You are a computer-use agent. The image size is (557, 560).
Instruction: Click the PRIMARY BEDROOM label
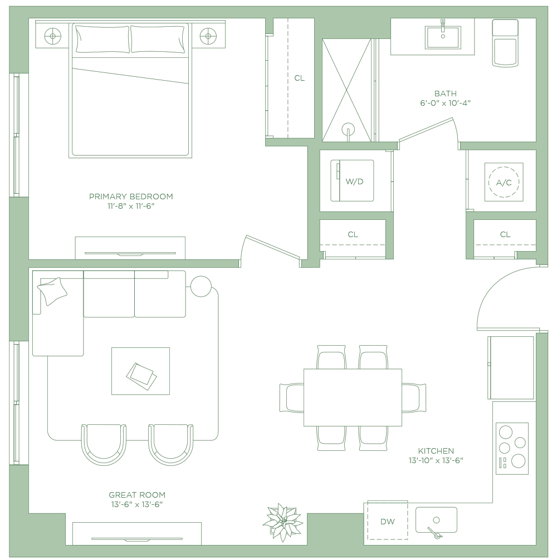click(131, 197)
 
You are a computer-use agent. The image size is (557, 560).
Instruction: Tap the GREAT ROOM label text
click(137, 495)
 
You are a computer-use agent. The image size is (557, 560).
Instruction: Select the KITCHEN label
click(436, 451)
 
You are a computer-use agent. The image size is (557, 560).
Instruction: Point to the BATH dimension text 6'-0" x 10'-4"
click(445, 103)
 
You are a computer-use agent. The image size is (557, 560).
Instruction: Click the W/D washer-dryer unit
click(352, 181)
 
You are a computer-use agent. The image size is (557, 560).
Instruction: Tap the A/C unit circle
click(504, 182)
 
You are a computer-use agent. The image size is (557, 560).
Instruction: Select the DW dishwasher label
click(387, 522)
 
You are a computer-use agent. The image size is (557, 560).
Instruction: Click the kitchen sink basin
click(436, 520)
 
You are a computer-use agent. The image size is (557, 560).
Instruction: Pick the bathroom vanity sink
click(443, 37)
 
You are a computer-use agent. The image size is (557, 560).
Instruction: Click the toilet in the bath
click(505, 43)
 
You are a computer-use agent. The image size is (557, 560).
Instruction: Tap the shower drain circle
click(348, 129)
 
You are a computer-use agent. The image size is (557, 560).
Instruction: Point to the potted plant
click(282, 522)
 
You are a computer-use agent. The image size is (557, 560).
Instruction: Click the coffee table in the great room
click(140, 371)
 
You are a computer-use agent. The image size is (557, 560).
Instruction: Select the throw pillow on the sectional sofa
click(52, 291)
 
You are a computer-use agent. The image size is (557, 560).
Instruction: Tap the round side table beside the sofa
click(201, 287)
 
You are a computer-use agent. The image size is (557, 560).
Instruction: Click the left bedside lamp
click(52, 36)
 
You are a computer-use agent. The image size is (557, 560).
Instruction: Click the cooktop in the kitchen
click(512, 449)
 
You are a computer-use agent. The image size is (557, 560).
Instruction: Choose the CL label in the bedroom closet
click(300, 78)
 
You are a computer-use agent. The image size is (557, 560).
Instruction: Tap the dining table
click(353, 397)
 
